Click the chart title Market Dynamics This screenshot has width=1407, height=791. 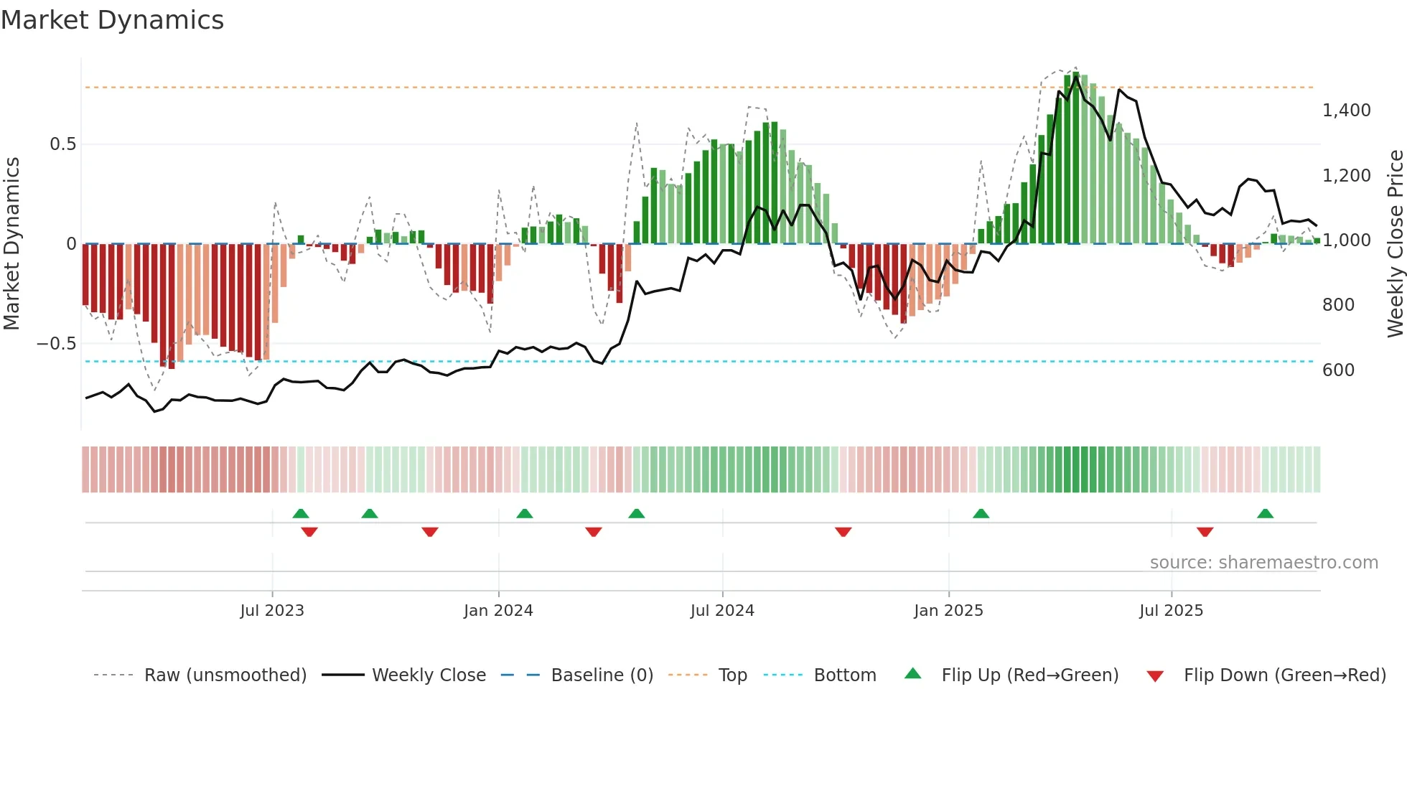[113, 20]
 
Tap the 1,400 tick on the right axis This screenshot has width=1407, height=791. [1346, 111]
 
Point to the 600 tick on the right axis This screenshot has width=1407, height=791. [1338, 370]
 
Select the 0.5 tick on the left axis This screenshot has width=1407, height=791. [62, 144]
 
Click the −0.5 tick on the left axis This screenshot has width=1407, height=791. [56, 344]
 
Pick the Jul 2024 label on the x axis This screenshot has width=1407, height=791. [722, 611]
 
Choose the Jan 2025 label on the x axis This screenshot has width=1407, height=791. [948, 611]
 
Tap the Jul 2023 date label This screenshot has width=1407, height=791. [272, 611]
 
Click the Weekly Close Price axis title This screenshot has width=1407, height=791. [1395, 244]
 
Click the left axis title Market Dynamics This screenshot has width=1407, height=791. [12, 244]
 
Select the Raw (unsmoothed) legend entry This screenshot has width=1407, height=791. [225, 675]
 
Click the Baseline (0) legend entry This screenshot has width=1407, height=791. [602, 675]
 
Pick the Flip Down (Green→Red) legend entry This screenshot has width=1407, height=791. [1284, 675]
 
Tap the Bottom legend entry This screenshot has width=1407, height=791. [844, 675]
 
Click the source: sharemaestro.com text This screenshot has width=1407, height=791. [1263, 563]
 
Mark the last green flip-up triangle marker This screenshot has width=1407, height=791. [1265, 514]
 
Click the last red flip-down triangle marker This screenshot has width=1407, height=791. [1205, 532]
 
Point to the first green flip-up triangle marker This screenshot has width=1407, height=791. [301, 514]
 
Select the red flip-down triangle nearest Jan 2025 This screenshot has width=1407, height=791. [843, 532]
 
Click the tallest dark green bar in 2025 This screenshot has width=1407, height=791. [1075, 158]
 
